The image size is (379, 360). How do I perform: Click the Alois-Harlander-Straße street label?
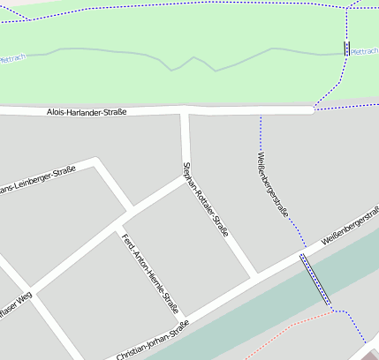87,112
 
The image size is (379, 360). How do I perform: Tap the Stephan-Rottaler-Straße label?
205,199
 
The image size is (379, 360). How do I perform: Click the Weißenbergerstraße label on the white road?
350,226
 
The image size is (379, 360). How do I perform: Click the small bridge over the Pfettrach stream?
346,49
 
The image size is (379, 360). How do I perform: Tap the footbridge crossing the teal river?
315,280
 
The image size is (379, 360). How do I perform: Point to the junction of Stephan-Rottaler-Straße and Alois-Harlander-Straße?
186,111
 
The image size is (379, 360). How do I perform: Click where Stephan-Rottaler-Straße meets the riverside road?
255,277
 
